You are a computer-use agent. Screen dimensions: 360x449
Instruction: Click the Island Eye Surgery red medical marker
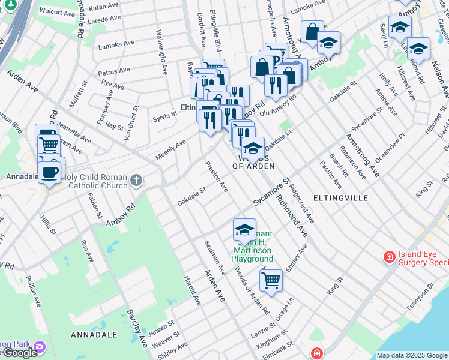(x=390, y=257)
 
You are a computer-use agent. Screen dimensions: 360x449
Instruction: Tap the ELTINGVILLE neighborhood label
(x=339, y=197)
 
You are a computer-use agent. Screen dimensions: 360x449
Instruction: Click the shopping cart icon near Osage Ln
(x=271, y=280)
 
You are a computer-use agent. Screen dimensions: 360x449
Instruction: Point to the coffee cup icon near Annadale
(x=50, y=172)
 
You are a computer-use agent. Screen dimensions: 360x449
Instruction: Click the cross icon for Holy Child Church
(x=136, y=179)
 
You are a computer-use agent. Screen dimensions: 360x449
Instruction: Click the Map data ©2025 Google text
(x=411, y=355)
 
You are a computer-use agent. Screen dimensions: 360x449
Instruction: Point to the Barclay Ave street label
(x=137, y=328)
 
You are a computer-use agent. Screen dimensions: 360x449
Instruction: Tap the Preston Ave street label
(x=217, y=176)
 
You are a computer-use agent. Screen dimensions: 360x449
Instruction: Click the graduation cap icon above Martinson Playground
(x=244, y=230)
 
